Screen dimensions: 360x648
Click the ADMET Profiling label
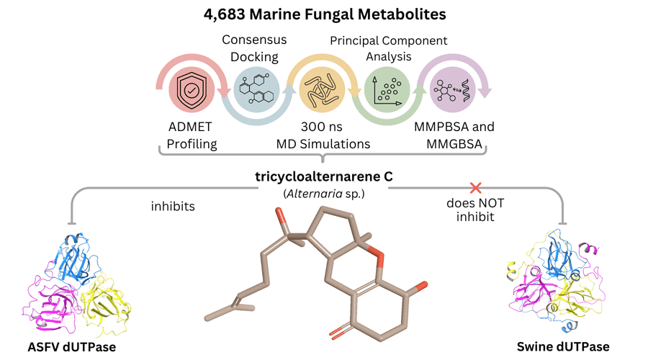pos(191,135)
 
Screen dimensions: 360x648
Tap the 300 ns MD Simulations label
pos(323,135)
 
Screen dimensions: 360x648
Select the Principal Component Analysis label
pos(388,48)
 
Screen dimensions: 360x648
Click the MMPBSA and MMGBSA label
pos(454,135)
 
